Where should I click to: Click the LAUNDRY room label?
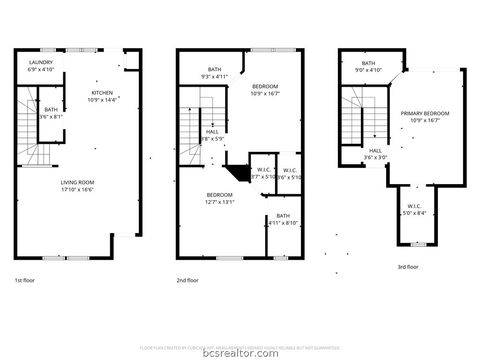[40, 63]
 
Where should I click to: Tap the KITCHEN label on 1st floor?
[103, 92]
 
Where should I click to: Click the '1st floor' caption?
[27, 281]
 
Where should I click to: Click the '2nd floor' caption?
[187, 281]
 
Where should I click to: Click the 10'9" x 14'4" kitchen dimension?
[103, 100]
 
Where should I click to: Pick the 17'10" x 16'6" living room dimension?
[79, 189]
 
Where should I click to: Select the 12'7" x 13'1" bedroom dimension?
[220, 201]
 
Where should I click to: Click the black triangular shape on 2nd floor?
[236, 172]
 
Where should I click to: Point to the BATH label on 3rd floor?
[369, 63]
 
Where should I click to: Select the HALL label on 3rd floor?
[375, 151]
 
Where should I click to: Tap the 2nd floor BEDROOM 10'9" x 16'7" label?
[265, 88]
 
